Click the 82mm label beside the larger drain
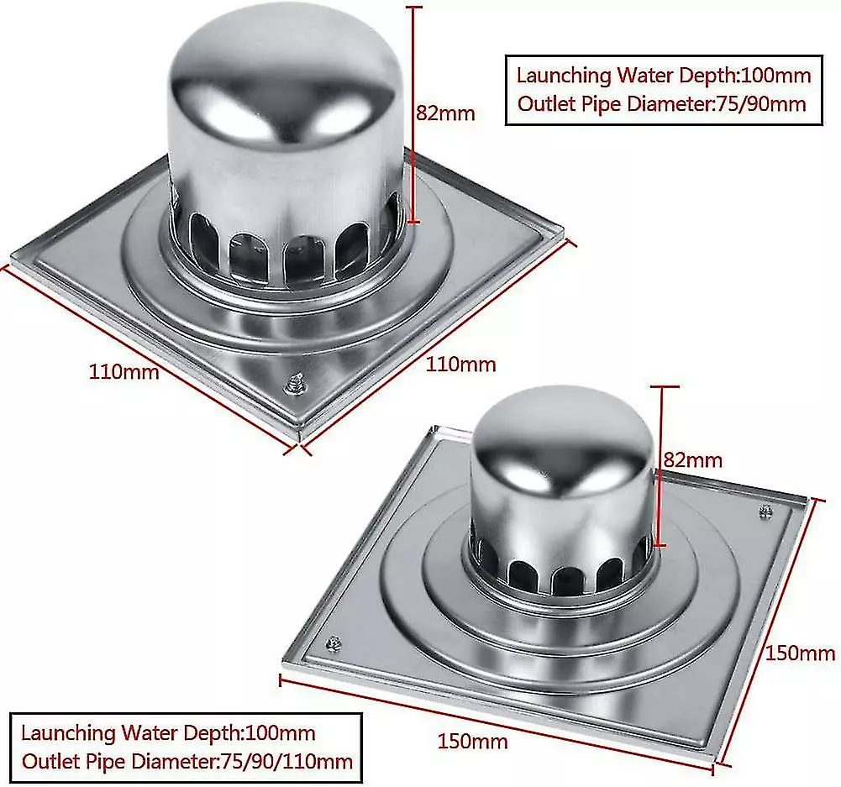point(445,113)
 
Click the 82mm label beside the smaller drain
point(692,459)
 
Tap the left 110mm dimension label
point(124,370)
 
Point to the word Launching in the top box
point(564,76)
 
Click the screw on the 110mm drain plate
point(296,382)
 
